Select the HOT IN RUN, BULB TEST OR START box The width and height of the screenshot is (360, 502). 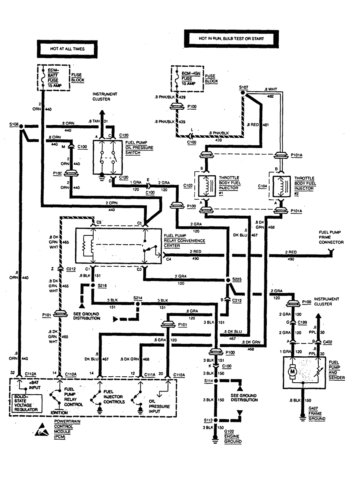coord(231,38)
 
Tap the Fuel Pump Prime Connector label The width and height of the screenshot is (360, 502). coord(331,237)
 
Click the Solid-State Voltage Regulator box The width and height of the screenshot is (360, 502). coord(25,404)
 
